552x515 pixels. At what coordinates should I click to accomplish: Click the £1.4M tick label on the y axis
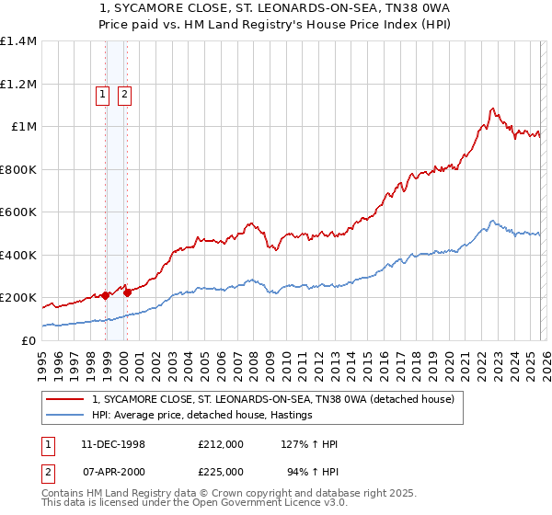click(18, 41)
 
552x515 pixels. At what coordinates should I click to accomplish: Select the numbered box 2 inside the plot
click(124, 93)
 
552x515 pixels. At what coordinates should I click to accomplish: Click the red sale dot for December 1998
click(106, 295)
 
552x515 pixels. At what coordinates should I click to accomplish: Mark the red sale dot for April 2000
click(127, 292)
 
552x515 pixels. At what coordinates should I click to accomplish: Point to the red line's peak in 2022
click(493, 109)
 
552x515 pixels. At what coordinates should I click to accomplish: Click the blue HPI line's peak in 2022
click(493, 221)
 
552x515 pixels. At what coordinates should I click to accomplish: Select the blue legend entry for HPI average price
click(202, 416)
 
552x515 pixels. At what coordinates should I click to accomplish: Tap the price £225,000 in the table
click(221, 471)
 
